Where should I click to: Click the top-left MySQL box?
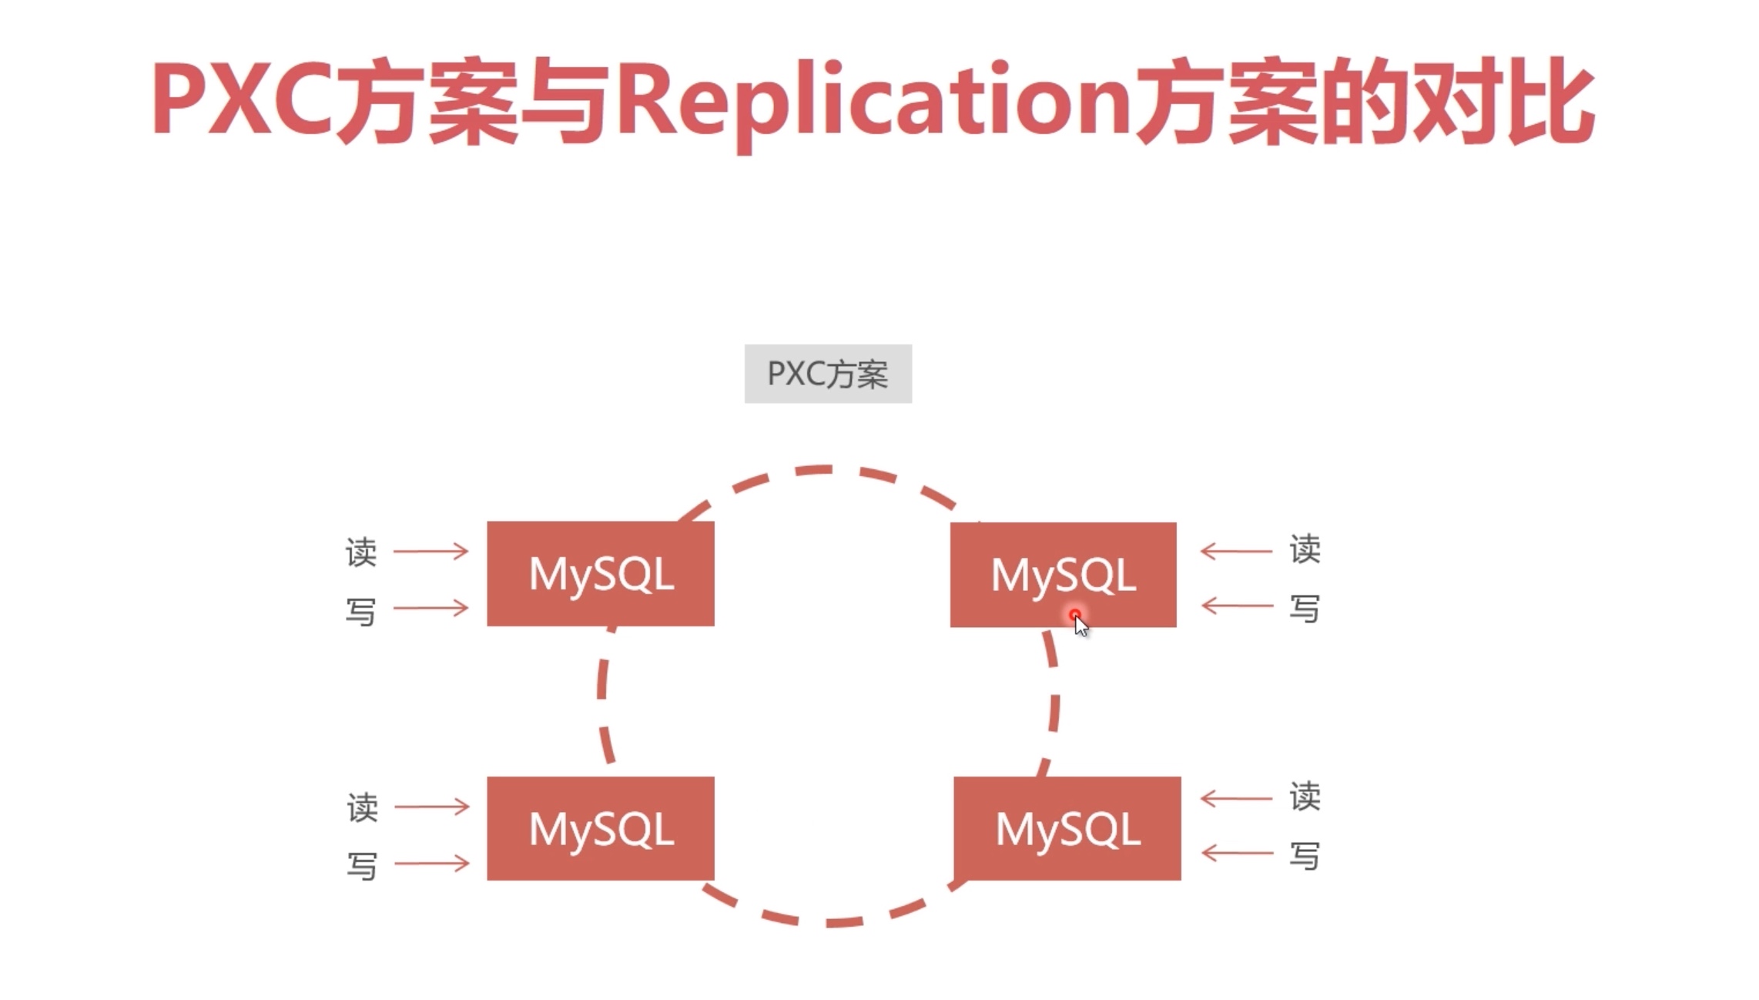pyautogui.click(x=601, y=573)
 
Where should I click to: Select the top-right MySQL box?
pyautogui.click(x=1063, y=574)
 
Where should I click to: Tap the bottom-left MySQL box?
pyautogui.click(x=601, y=828)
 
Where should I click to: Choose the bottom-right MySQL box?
pyautogui.click(x=1067, y=828)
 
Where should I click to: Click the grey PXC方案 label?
pyautogui.click(x=828, y=374)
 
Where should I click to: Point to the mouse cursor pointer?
pyautogui.click(x=1080, y=624)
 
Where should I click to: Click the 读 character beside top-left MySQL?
pyautogui.click(x=361, y=552)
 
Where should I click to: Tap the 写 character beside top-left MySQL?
pyautogui.click(x=361, y=612)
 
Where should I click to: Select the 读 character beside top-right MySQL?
pyautogui.click(x=1305, y=549)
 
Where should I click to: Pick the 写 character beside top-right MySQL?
pyautogui.click(x=1305, y=608)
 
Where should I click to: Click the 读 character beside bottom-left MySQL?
pyautogui.click(x=362, y=807)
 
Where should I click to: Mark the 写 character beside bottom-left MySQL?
pyautogui.click(x=362, y=866)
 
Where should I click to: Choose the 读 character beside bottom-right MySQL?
pyautogui.click(x=1305, y=797)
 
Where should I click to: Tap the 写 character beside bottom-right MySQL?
pyautogui.click(x=1305, y=855)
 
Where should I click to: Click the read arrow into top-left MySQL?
pyautogui.click(x=431, y=551)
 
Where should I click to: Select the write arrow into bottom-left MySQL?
pyautogui.click(x=431, y=863)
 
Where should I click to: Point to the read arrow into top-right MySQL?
pyautogui.click(x=1236, y=551)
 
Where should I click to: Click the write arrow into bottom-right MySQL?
pyautogui.click(x=1237, y=853)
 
